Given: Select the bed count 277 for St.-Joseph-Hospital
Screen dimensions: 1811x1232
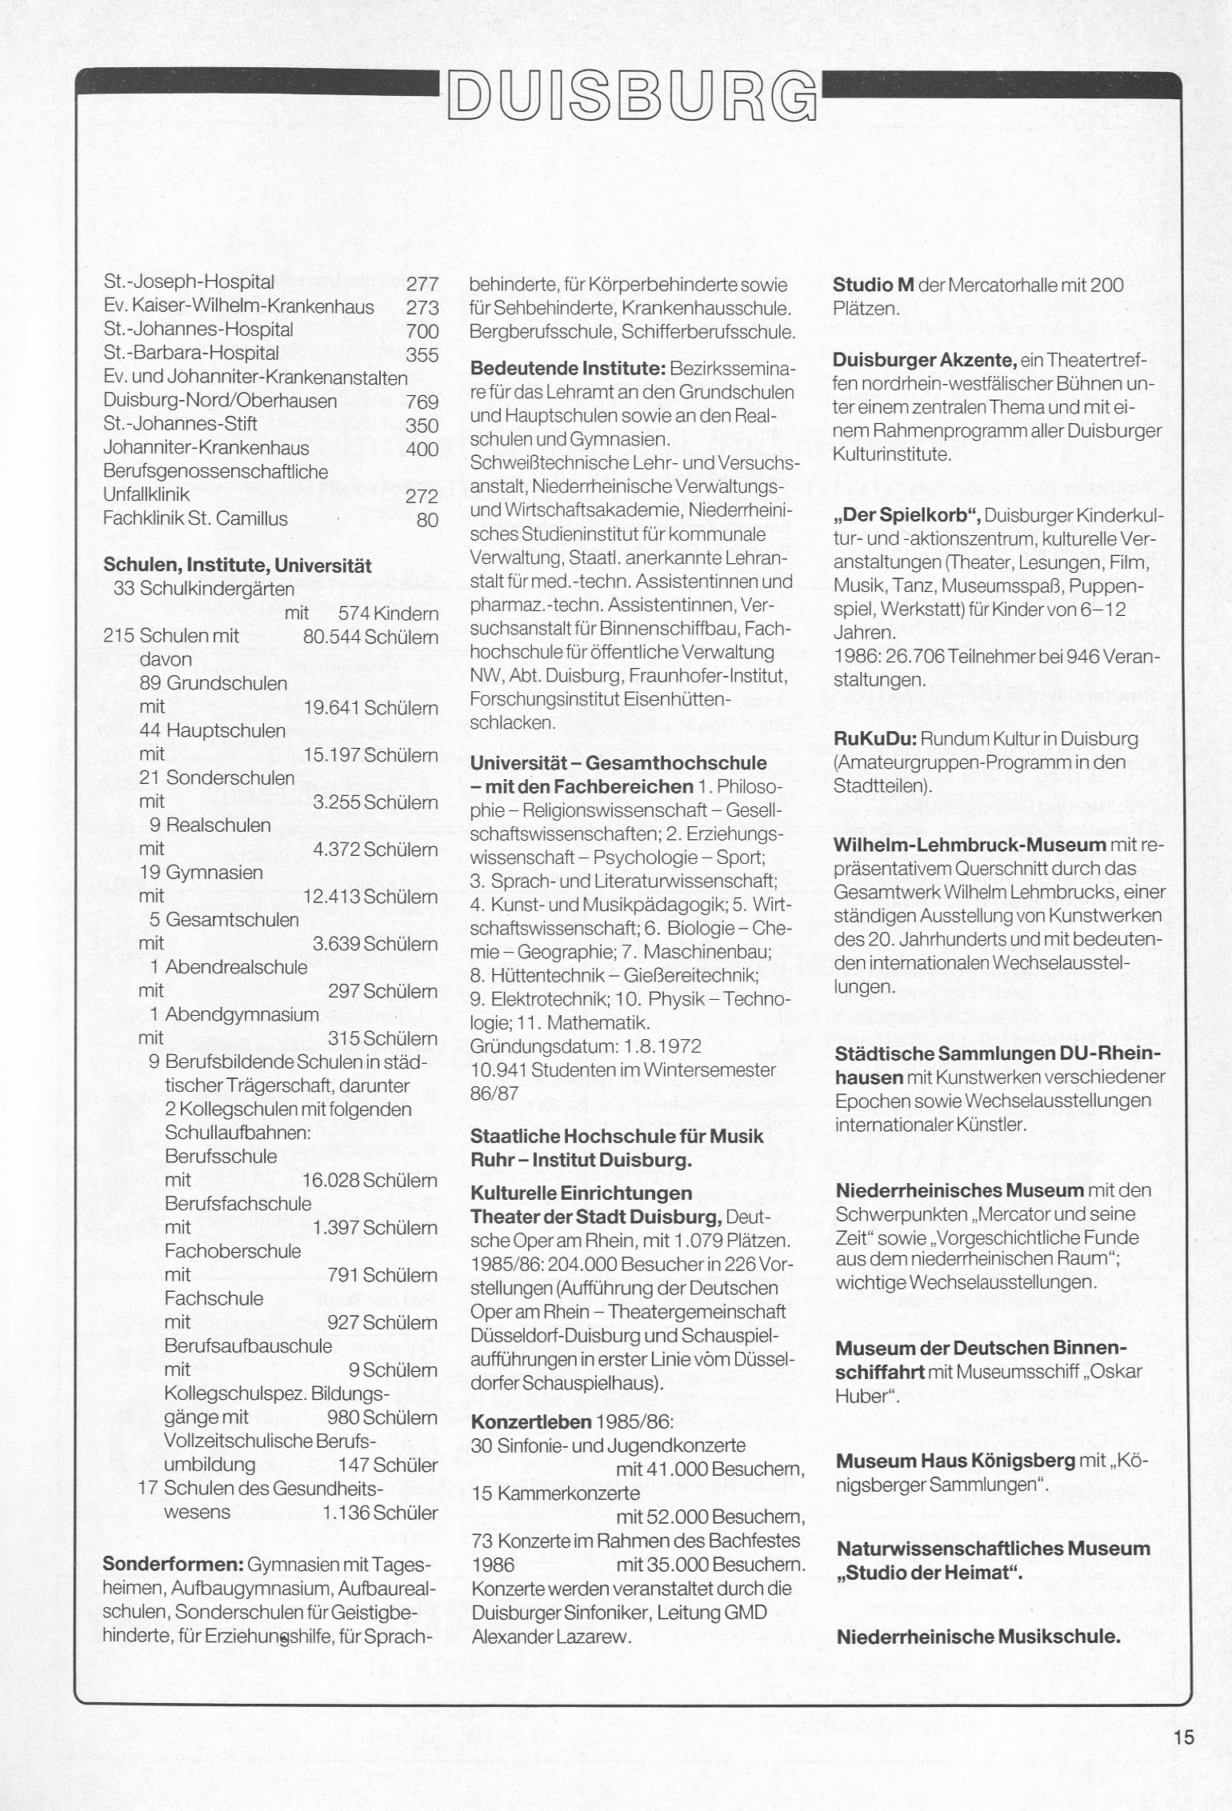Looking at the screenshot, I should (422, 284).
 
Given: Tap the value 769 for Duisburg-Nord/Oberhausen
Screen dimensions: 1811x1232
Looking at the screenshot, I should (422, 402).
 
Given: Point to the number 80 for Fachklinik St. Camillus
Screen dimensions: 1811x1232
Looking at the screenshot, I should (428, 520).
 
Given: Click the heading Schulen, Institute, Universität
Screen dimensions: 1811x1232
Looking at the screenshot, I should (238, 566).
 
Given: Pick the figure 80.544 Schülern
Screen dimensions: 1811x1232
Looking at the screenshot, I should (370, 638).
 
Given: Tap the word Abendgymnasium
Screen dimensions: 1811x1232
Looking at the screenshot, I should (242, 1015).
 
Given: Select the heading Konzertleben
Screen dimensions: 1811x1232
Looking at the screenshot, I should (531, 1421).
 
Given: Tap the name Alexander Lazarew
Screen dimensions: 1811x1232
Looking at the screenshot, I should (551, 1636).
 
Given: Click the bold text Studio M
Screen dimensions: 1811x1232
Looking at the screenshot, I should (874, 286).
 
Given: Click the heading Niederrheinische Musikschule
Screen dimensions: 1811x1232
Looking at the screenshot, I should (978, 1637).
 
